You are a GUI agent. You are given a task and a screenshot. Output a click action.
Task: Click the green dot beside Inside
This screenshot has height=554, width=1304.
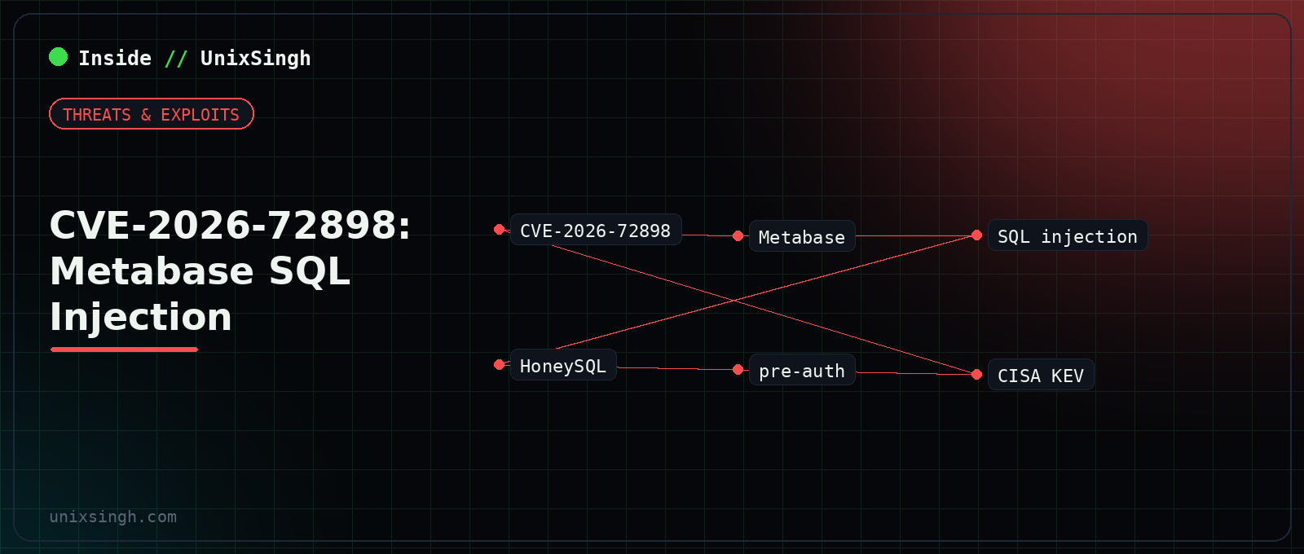(58, 57)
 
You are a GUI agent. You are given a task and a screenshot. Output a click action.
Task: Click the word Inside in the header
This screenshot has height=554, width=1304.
(115, 58)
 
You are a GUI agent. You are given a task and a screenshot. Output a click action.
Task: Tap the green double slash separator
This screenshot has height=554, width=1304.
(176, 58)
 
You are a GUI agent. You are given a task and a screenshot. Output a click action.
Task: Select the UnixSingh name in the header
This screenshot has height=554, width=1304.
(256, 58)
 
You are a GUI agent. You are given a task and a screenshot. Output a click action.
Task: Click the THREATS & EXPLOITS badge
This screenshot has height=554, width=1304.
(152, 114)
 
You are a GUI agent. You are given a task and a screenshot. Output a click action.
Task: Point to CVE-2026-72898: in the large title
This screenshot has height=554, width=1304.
(230, 225)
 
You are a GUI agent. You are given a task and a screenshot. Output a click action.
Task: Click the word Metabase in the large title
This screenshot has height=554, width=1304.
(152, 271)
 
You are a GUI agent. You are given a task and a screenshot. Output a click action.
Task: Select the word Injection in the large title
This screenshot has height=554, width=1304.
(141, 317)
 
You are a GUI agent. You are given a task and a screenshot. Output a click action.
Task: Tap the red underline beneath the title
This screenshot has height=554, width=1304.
(124, 350)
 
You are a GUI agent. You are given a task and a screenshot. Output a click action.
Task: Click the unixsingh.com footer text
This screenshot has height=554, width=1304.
(113, 517)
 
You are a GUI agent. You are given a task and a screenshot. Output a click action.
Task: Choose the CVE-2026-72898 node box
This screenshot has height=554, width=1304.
(596, 230)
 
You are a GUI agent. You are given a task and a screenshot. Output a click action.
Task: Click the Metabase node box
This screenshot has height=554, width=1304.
(802, 236)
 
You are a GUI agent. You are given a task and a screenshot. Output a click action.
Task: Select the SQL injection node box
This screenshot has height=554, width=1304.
(1068, 235)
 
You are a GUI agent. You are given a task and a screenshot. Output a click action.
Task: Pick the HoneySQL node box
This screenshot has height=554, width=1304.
(563, 365)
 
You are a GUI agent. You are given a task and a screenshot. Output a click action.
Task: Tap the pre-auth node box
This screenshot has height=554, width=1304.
(802, 370)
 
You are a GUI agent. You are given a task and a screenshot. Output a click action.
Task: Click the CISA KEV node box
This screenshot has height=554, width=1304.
(1041, 375)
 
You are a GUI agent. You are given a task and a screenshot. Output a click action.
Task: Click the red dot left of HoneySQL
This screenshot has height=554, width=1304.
(499, 365)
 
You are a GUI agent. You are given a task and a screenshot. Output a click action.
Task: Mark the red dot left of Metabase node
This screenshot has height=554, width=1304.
(738, 235)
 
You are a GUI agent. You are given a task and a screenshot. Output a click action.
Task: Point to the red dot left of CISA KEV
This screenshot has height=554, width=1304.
(977, 375)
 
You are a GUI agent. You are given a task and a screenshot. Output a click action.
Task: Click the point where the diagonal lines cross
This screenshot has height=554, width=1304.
(734, 301)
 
